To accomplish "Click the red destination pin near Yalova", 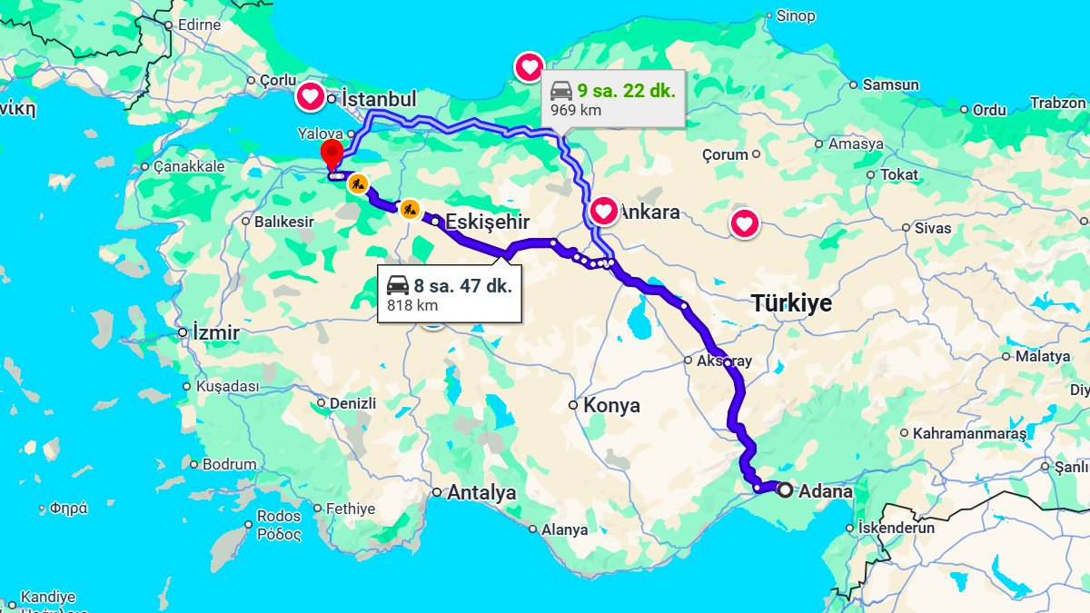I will pyautogui.click(x=332, y=153).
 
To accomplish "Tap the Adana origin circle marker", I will pyautogui.click(x=785, y=489).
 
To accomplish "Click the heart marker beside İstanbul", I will pyautogui.click(x=310, y=95).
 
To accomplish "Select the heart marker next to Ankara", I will pyautogui.click(x=604, y=212).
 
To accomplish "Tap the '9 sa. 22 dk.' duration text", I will pyautogui.click(x=626, y=91).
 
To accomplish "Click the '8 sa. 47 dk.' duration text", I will pyautogui.click(x=462, y=285).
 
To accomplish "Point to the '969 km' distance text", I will pyautogui.click(x=576, y=111).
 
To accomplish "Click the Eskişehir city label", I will pyautogui.click(x=487, y=222).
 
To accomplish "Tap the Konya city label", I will pyautogui.click(x=611, y=405).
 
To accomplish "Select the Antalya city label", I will pyautogui.click(x=481, y=492).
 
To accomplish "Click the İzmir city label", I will pyautogui.click(x=216, y=332).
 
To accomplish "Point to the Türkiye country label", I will pyautogui.click(x=791, y=303).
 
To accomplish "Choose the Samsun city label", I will pyautogui.click(x=890, y=84).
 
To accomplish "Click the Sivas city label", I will pyautogui.click(x=932, y=228).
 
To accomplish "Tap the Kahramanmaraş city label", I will pyautogui.click(x=969, y=433).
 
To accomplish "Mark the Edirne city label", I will pyautogui.click(x=199, y=25).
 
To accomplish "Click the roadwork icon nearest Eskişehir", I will pyautogui.click(x=410, y=209).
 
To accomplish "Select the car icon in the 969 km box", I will pyautogui.click(x=561, y=91).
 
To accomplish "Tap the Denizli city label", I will pyautogui.click(x=352, y=402).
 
